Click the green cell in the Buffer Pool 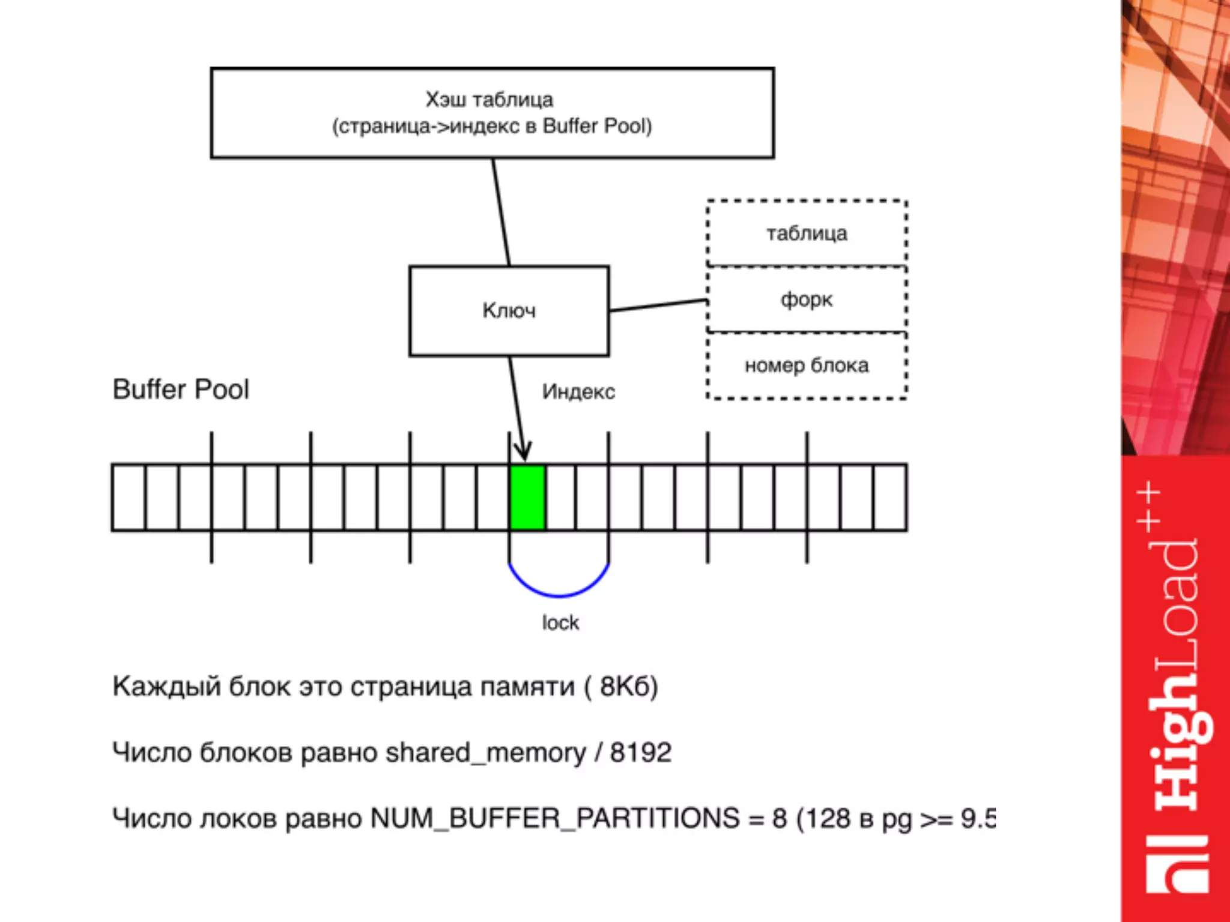click(527, 498)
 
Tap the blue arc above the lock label click(559, 594)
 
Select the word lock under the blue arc click(560, 623)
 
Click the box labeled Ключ click(509, 311)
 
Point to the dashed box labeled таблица click(807, 233)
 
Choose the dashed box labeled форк click(807, 299)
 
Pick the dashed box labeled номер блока click(807, 365)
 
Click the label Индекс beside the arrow click(578, 391)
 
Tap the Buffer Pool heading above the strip click(181, 389)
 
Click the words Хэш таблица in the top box click(489, 100)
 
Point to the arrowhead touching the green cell click(524, 453)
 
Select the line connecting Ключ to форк click(658, 305)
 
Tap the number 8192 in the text click(640, 752)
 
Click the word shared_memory click(485, 752)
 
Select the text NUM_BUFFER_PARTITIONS click(555, 818)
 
